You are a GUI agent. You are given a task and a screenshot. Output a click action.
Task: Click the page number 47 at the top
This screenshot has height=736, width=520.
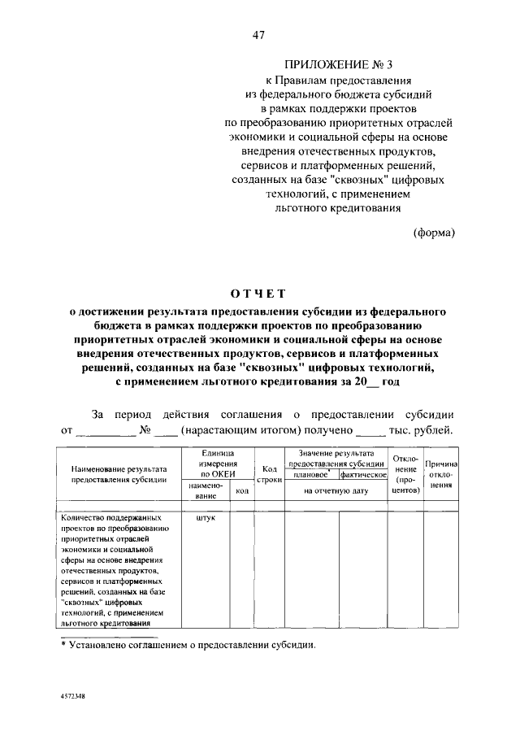[259, 35]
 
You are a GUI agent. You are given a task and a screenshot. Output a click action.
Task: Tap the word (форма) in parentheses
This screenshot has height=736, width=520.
[435, 233]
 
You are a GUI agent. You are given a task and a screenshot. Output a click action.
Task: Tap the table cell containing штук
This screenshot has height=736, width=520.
[206, 516]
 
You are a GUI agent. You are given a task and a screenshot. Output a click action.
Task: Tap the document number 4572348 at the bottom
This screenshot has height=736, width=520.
[72, 699]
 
